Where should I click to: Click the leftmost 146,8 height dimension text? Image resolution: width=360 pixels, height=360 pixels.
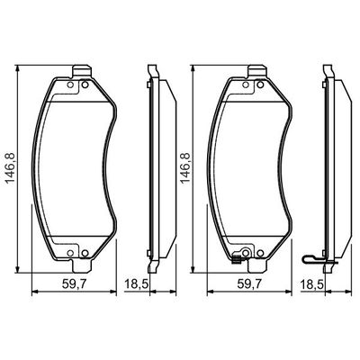[11, 168]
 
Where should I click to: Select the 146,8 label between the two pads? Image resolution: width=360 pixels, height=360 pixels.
[185, 168]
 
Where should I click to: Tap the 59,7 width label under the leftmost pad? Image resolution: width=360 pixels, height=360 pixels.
[74, 283]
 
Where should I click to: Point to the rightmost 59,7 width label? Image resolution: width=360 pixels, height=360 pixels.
[249, 283]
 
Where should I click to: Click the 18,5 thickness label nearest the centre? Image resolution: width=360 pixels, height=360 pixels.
[137, 283]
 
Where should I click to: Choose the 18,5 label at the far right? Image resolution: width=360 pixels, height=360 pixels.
[311, 283]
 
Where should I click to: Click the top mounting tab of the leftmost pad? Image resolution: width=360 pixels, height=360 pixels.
[82, 72]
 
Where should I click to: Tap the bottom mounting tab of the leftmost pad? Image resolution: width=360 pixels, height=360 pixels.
[82, 265]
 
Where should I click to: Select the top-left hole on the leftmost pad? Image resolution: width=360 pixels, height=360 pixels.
[70, 85]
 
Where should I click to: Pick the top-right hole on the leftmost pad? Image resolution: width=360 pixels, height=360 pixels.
[85, 85]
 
